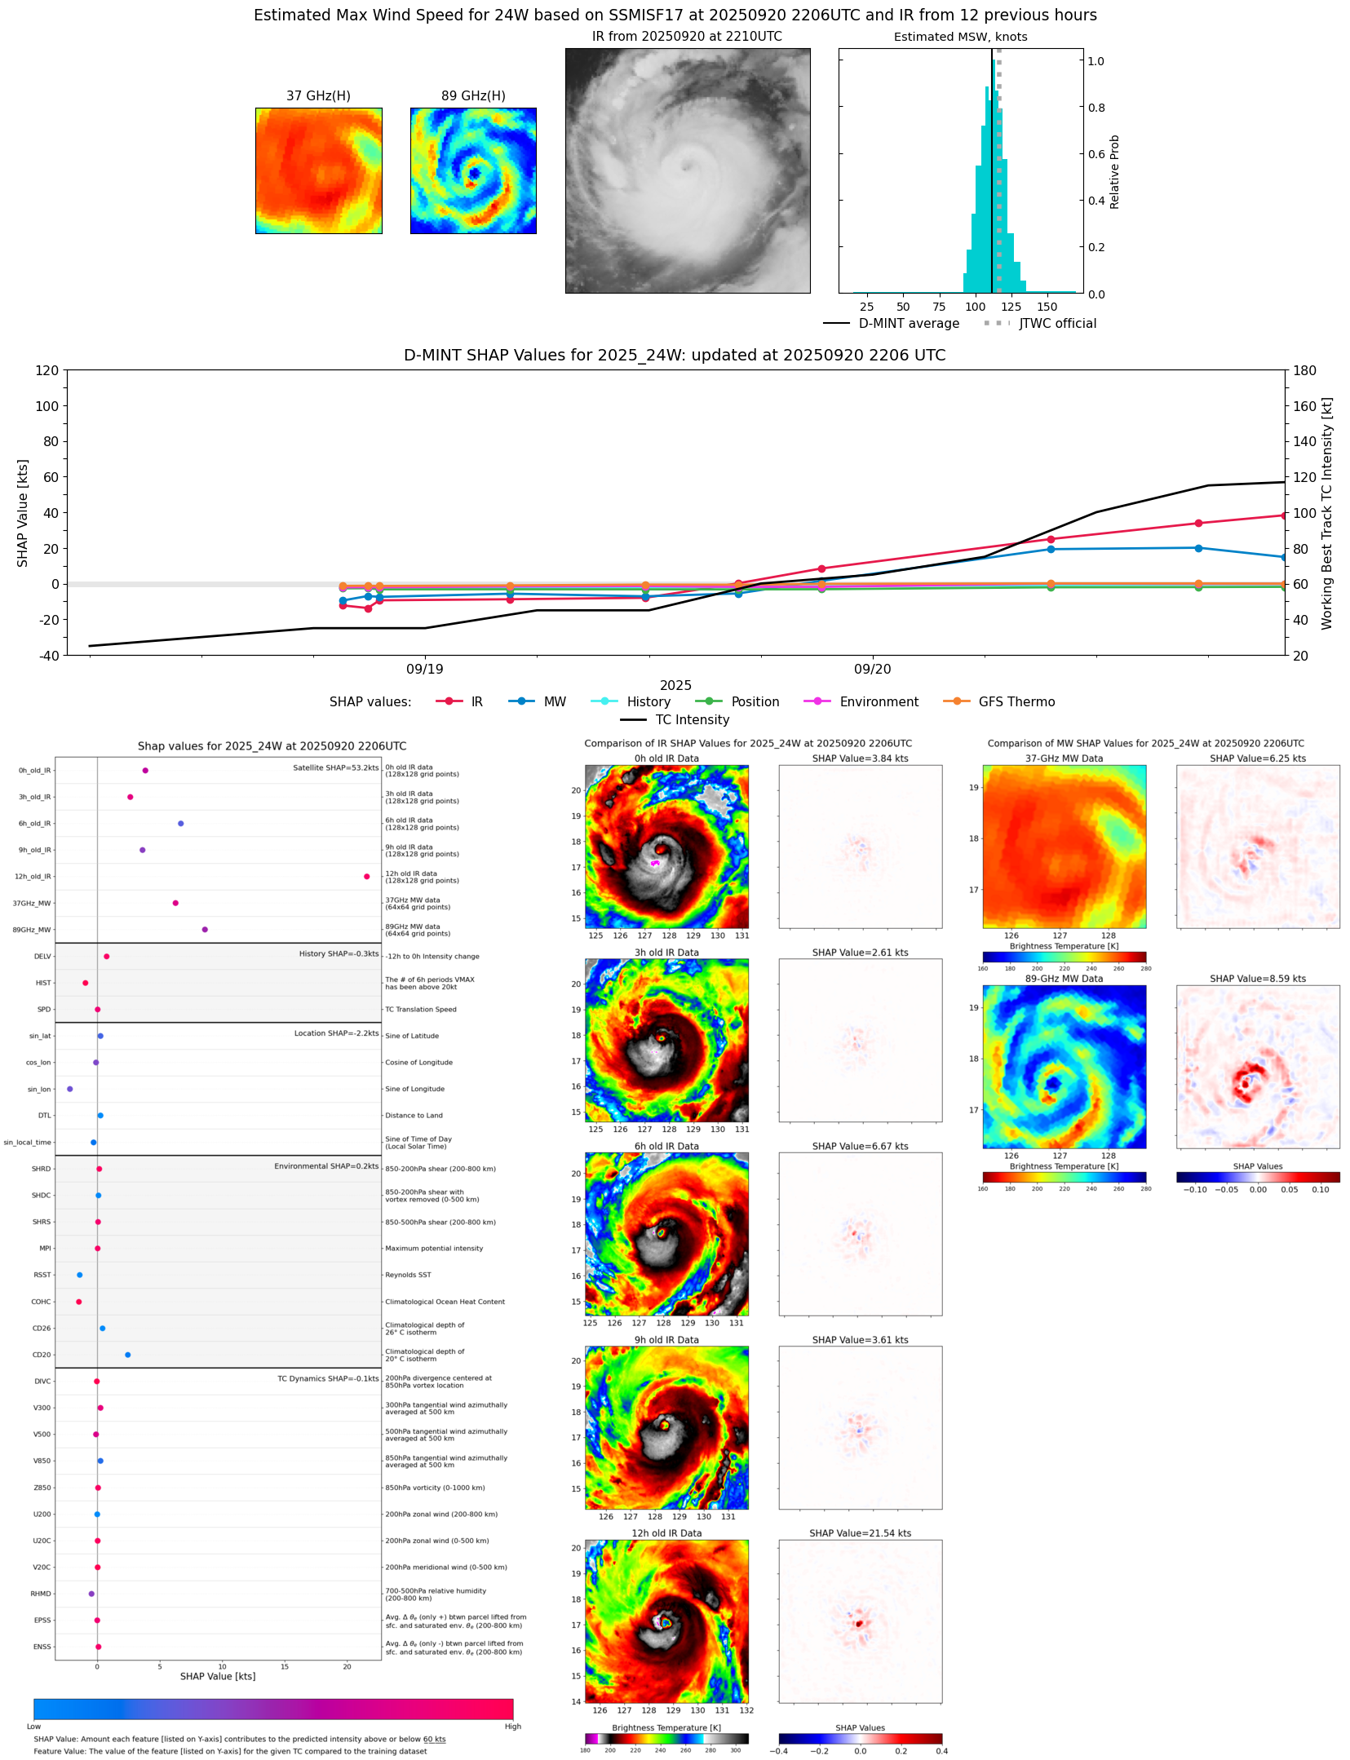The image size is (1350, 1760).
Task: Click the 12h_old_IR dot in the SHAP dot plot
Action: (x=367, y=877)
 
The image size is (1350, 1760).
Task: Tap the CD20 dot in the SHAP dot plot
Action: (x=127, y=1355)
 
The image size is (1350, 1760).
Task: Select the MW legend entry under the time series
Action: (x=554, y=701)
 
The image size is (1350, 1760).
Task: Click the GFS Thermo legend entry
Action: (x=1016, y=701)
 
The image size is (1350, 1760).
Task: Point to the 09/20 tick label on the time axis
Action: (x=872, y=669)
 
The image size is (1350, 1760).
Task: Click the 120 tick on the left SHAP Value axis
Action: (x=47, y=370)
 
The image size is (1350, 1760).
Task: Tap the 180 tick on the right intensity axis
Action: (x=1304, y=370)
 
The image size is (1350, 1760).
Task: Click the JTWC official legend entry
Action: (x=1057, y=323)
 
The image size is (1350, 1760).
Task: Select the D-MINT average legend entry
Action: (x=909, y=323)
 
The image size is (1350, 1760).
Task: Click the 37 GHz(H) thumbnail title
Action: (x=318, y=96)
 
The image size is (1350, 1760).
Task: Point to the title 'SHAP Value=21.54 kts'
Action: (x=860, y=1533)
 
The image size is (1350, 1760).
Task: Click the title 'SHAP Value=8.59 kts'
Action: (x=1257, y=979)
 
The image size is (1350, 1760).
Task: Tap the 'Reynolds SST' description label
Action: (x=408, y=1275)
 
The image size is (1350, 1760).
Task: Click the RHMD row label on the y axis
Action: (x=41, y=1594)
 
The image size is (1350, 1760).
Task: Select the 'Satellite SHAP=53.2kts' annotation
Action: (x=335, y=767)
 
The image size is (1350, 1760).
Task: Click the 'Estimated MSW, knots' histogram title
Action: (x=960, y=37)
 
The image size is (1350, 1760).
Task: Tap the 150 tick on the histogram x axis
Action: (x=1047, y=307)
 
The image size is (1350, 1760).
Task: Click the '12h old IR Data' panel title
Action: (x=666, y=1533)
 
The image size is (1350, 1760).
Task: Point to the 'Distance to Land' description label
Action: (x=414, y=1116)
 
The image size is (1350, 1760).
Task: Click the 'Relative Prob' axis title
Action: (x=1114, y=172)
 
